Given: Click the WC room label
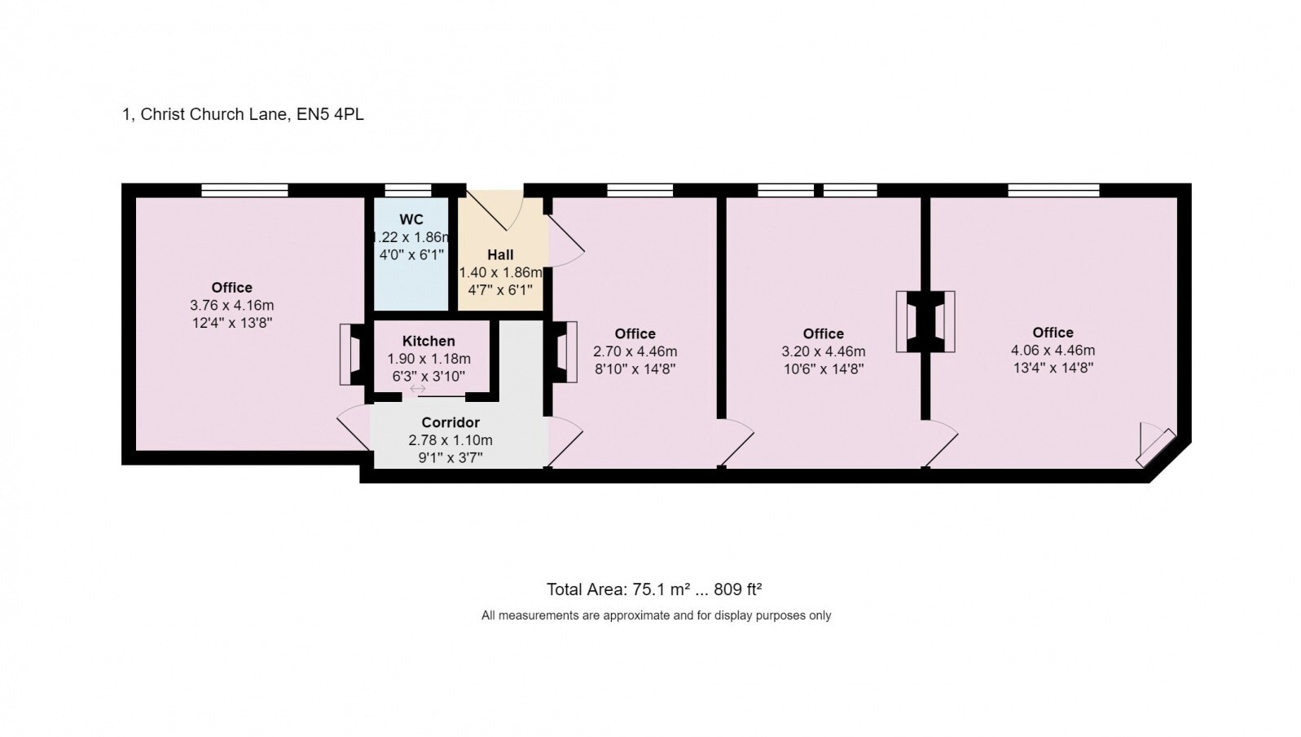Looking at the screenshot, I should (411, 220).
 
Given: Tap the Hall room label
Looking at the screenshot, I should (500, 255).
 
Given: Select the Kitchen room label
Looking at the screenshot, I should (429, 342).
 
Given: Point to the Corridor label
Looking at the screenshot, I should (451, 423).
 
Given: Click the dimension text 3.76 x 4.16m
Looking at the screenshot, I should (232, 306).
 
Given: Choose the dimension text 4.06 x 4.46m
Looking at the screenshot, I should (1053, 351).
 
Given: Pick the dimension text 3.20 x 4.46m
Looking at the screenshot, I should (823, 352).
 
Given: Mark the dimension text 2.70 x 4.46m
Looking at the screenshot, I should (635, 352).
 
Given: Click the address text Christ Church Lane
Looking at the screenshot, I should (213, 114).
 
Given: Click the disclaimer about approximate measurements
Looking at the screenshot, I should (656, 616).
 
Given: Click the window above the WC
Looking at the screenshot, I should (408, 191).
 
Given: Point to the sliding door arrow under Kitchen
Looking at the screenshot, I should (418, 390).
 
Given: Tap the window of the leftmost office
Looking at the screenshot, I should (244, 191).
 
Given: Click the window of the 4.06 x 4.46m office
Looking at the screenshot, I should (1053, 191).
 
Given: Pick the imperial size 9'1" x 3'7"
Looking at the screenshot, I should (451, 458).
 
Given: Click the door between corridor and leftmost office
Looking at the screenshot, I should (354, 426).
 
